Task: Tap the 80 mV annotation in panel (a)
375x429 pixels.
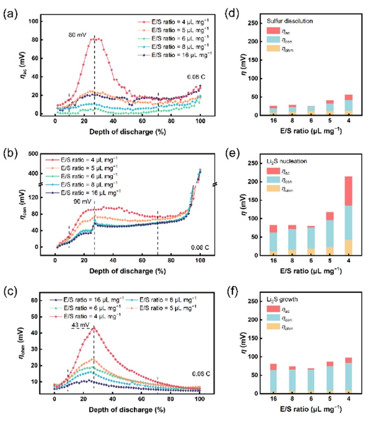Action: pyautogui.click(x=77, y=36)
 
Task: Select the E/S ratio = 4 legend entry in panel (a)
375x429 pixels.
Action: pyautogui.click(x=173, y=21)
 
